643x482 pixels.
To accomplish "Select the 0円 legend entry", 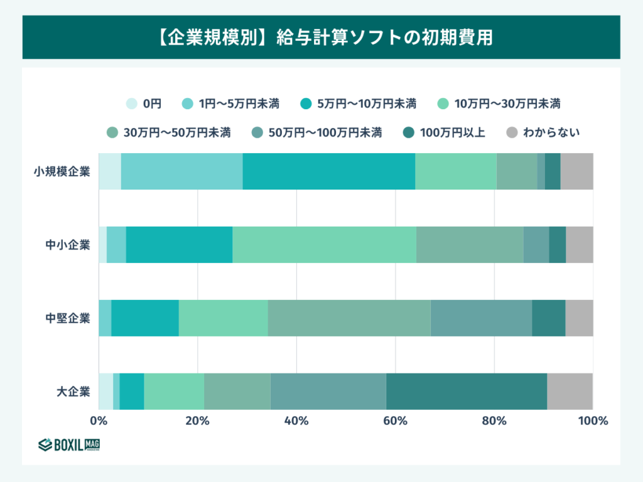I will tap(144, 103).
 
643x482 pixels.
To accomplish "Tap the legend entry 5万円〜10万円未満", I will tap(357, 103).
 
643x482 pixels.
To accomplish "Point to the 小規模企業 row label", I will tap(62, 171).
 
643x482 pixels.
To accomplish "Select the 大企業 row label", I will tap(73, 392).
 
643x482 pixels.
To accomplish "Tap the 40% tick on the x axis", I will tap(296, 421).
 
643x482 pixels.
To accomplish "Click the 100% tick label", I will tap(593, 421).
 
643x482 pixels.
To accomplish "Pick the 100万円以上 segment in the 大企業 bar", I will tap(466, 392).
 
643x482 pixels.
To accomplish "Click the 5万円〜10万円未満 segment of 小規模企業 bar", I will tap(328, 171).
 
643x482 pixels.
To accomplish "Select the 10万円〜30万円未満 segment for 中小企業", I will tap(324, 245).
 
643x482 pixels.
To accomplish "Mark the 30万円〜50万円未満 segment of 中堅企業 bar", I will tap(349, 318).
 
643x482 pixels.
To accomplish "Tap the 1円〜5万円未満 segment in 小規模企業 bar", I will tap(181, 171).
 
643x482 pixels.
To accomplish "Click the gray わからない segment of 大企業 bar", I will tap(570, 392).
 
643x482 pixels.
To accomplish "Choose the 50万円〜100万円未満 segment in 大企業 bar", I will tap(328, 392).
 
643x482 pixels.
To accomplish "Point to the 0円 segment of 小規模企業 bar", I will tap(109, 171).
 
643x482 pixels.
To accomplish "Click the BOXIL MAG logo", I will tap(69, 445).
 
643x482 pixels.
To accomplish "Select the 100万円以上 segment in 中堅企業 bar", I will tap(548, 318).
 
